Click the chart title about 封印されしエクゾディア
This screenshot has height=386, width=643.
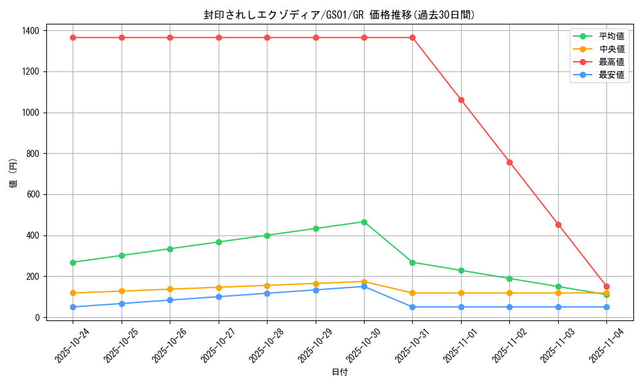pos(340,15)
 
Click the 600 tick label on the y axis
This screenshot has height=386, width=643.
pos(32,194)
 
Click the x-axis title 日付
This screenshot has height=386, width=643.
pos(340,372)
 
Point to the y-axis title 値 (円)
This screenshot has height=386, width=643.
pos(14,174)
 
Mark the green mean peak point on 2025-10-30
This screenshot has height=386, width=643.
pos(364,222)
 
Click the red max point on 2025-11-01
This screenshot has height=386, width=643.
pos(461,100)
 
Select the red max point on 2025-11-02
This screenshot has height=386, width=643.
pos(509,162)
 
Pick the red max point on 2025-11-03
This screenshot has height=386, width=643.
pos(558,225)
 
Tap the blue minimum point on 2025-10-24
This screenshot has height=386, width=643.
pos(73,307)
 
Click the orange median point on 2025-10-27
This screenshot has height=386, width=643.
pos(219,288)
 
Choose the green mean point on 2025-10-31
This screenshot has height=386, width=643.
pos(412,262)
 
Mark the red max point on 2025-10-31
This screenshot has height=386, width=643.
pos(412,37)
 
